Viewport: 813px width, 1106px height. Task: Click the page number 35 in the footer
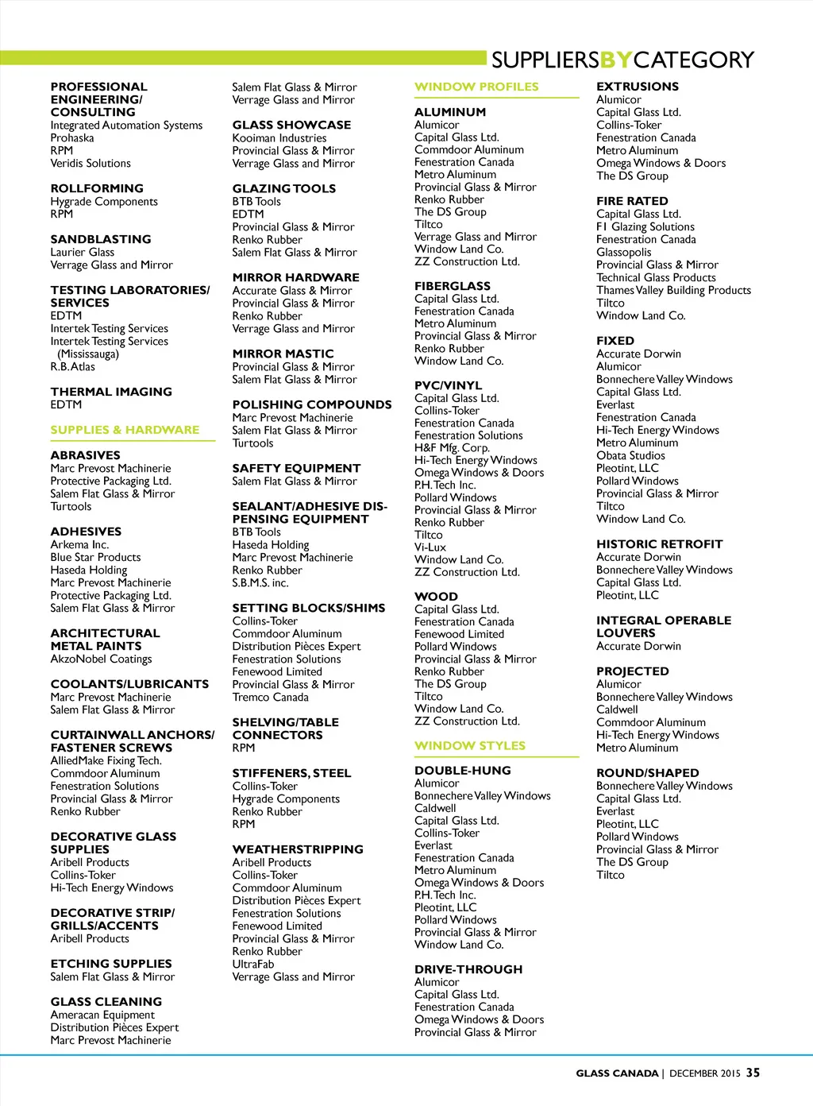coord(753,1073)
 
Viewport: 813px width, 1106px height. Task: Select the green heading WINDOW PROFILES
coord(476,87)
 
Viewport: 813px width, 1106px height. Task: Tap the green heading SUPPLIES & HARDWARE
coord(125,430)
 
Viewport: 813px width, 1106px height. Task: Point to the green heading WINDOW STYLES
coord(470,745)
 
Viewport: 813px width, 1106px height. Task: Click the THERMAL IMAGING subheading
coord(111,392)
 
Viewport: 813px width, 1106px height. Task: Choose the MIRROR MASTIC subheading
coord(283,354)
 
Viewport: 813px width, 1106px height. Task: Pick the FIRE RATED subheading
coord(632,201)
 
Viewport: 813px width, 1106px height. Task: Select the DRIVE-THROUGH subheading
coord(468,969)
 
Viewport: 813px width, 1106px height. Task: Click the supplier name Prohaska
coord(72,137)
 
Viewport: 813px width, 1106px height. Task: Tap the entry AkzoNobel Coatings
coord(101,659)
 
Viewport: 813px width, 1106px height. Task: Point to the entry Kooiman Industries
coord(279,137)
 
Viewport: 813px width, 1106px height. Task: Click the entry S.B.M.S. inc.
coord(260,582)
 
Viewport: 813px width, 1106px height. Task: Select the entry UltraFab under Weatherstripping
coord(253,964)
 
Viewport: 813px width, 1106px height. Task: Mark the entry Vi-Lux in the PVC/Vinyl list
coord(430,547)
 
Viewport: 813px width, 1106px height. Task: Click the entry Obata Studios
coord(630,455)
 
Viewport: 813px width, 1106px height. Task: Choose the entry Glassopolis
coord(623,252)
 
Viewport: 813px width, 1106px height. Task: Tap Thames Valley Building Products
coord(673,290)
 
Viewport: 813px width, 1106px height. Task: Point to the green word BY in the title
coord(616,60)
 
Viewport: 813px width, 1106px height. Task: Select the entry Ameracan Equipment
coord(102,1015)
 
